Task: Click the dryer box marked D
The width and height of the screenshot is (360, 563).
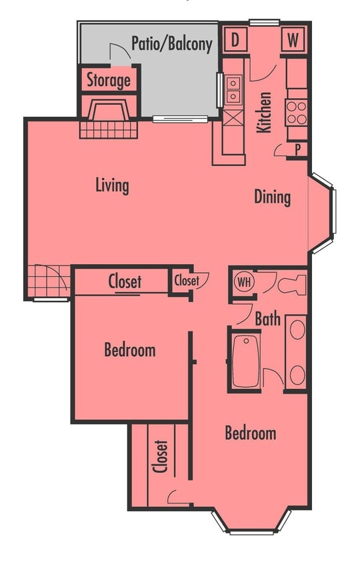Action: (235, 39)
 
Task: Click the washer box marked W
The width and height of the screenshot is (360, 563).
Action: (293, 39)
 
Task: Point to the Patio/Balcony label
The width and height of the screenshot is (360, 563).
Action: (171, 44)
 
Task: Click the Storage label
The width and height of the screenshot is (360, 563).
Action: (109, 81)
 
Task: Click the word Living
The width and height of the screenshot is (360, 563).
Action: (111, 185)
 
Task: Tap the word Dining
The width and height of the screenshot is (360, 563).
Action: (272, 197)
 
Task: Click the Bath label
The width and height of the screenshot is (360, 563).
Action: (267, 320)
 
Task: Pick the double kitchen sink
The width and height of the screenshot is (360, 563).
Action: (233, 90)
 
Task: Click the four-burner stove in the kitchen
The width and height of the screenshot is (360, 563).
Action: (297, 111)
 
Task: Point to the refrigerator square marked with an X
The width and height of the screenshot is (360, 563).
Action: (233, 121)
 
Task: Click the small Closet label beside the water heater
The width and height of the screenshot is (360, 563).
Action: (187, 281)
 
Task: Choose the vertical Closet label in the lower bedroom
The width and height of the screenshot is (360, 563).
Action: (160, 456)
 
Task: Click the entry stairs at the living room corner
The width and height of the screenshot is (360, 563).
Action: (47, 281)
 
